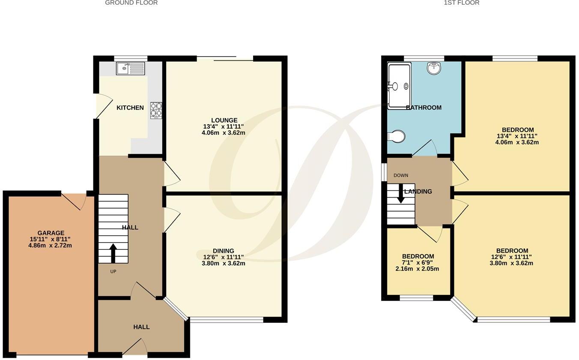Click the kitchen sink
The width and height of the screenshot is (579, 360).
click(131, 68)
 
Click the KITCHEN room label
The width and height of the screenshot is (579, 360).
click(130, 108)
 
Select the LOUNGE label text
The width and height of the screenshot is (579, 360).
click(224, 120)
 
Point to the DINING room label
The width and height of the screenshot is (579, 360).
click(224, 251)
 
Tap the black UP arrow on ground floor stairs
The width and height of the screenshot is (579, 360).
click(113, 253)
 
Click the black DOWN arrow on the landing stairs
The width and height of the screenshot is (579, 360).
click(401, 193)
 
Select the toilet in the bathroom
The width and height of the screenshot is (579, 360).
click(396, 136)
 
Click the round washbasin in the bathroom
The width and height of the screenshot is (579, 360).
click(434, 68)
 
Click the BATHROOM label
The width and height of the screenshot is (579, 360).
click(424, 108)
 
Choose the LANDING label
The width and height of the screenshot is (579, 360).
click(418, 192)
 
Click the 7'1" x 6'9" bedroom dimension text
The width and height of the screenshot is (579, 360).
click(418, 263)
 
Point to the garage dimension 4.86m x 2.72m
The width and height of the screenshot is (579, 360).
click(51, 246)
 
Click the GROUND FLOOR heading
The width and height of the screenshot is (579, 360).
click(131, 3)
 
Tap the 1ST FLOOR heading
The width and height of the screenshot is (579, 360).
click(462, 3)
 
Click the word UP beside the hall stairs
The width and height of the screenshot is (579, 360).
click(113, 271)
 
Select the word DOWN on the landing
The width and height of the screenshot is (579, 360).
click(401, 175)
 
